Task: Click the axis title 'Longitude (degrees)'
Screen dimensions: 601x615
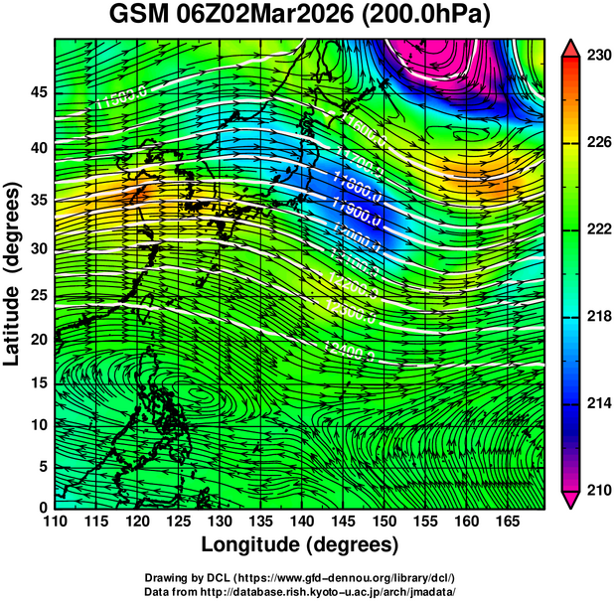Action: (x=300, y=544)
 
